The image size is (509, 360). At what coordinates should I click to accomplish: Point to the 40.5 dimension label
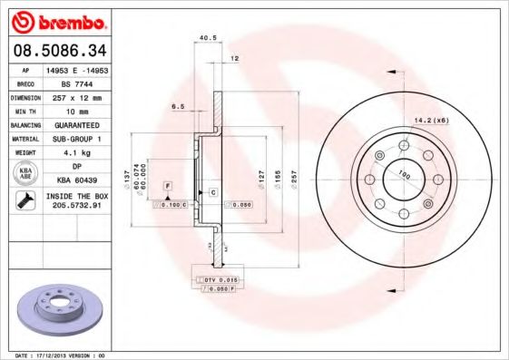[x=206, y=37]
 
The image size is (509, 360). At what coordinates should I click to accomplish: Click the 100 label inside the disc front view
[x=403, y=176]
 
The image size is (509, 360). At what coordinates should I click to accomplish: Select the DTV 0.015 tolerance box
[x=219, y=278]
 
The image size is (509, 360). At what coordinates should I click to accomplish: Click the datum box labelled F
[x=167, y=186]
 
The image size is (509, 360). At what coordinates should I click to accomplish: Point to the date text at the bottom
[x=61, y=355]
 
